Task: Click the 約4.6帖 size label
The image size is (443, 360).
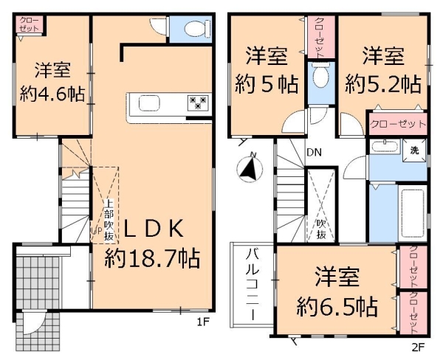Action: click(52, 94)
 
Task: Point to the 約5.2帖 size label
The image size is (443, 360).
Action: click(382, 81)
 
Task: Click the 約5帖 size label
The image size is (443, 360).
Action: click(267, 83)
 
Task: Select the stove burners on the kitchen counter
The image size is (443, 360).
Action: click(197, 103)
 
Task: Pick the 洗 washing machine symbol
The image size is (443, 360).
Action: click(414, 150)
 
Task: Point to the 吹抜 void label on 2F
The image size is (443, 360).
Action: click(321, 229)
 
